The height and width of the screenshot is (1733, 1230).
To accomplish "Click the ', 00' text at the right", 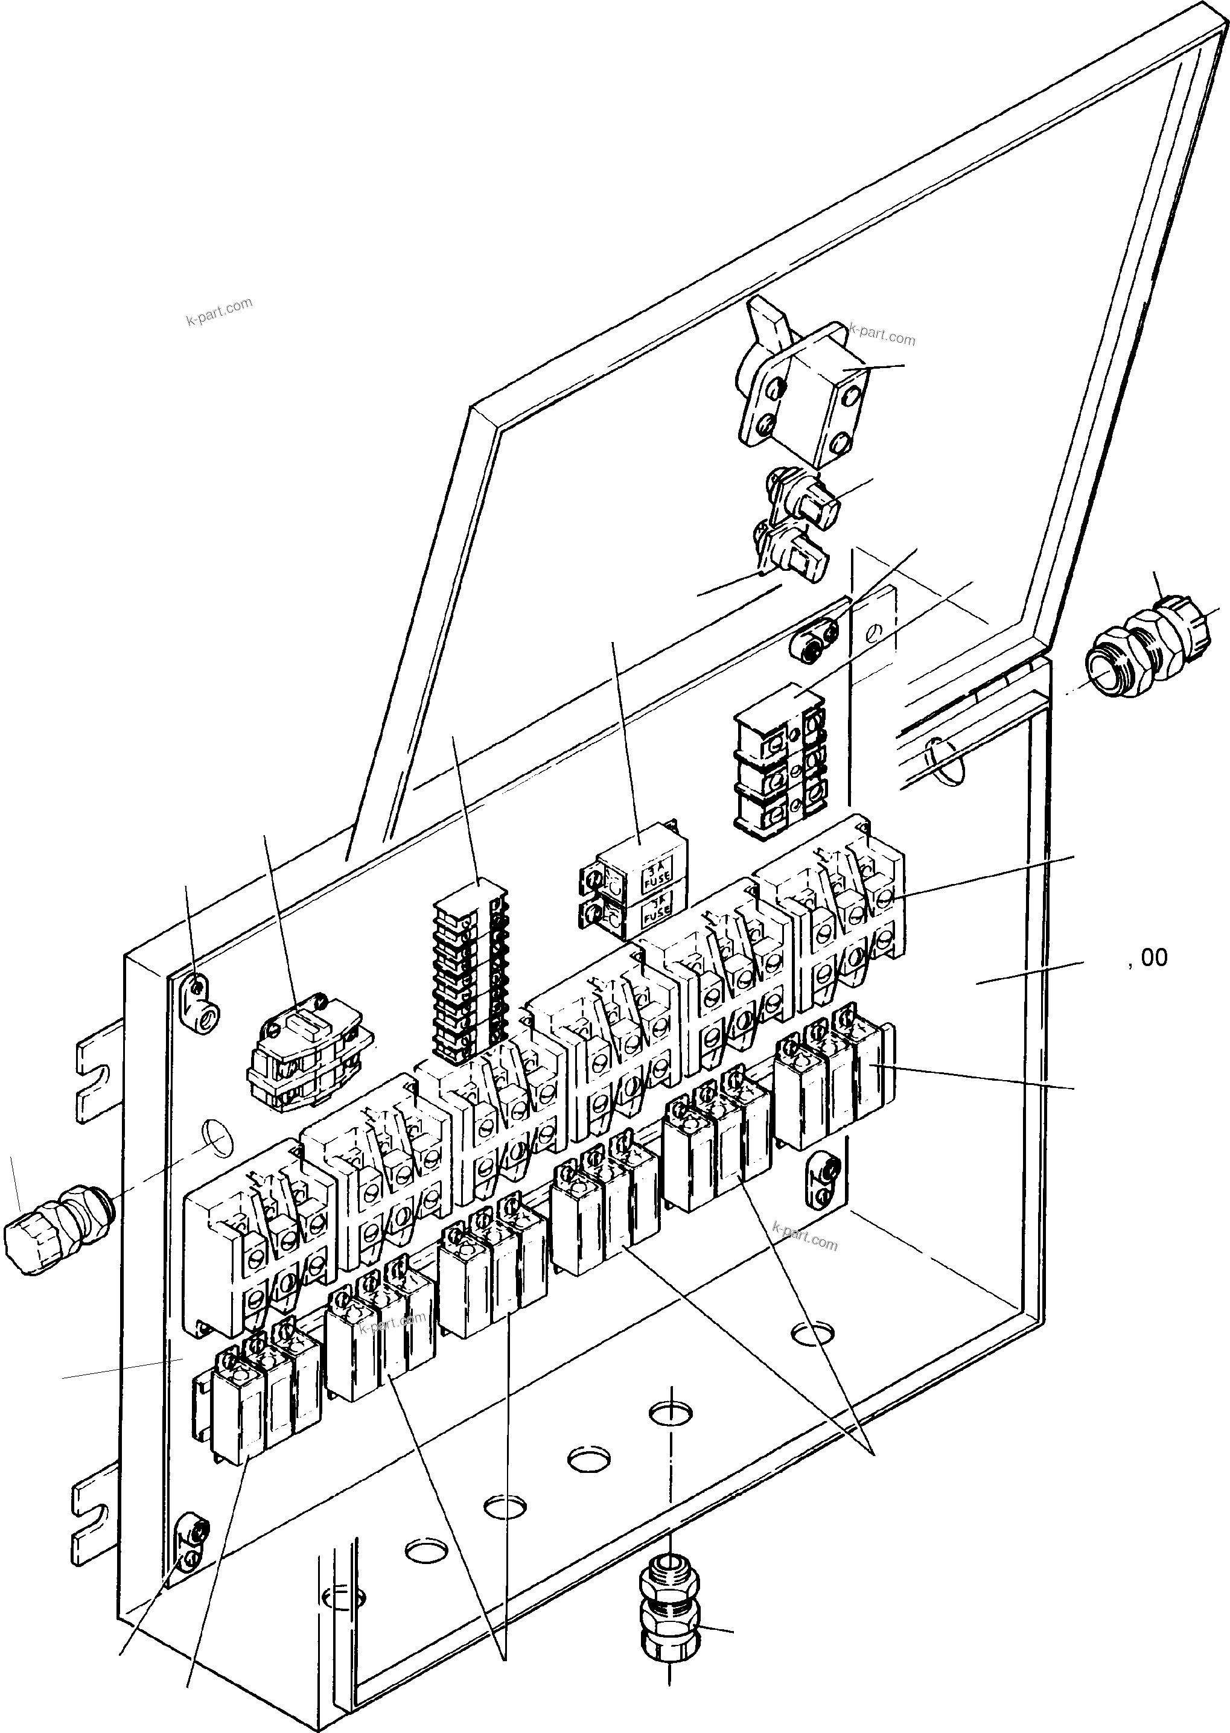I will (x=1147, y=958).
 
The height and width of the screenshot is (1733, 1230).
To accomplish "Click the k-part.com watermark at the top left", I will (x=219, y=310).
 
